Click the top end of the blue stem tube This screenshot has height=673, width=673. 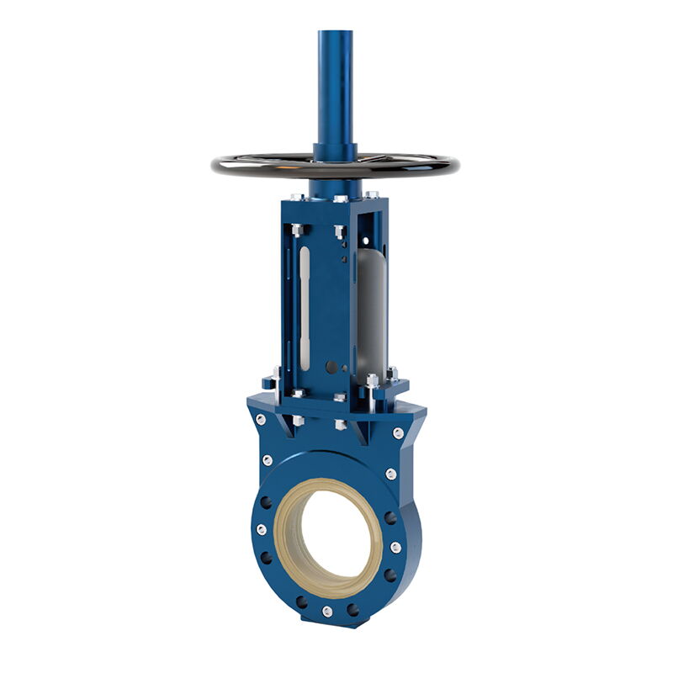click(x=335, y=34)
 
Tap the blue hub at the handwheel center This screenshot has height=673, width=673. click(x=335, y=152)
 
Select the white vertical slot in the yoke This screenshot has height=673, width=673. click(x=305, y=307)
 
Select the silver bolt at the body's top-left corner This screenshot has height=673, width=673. click(x=261, y=419)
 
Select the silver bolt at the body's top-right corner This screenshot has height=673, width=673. click(x=398, y=432)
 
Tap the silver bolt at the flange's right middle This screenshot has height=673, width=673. click(x=395, y=547)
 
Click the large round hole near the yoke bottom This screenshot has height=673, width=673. click(x=331, y=367)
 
